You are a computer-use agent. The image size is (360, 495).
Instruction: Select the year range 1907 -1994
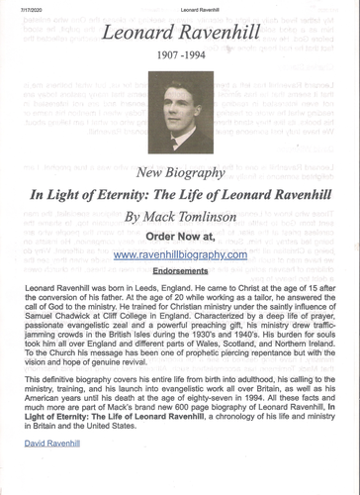coord(180,73)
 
